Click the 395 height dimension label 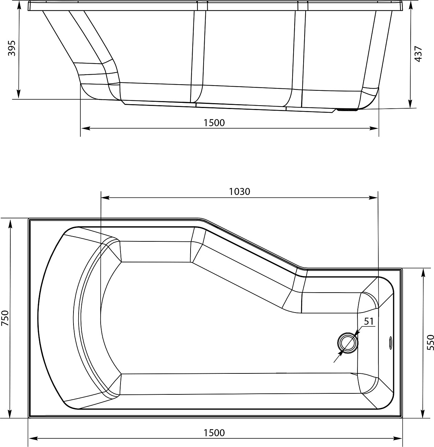coord(11,48)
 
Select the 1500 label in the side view coord(214,122)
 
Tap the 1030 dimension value coord(240,192)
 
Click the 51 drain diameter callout coord(368,321)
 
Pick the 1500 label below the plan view coord(214,433)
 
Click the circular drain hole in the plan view coord(348,343)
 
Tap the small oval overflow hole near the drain coord(390,342)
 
